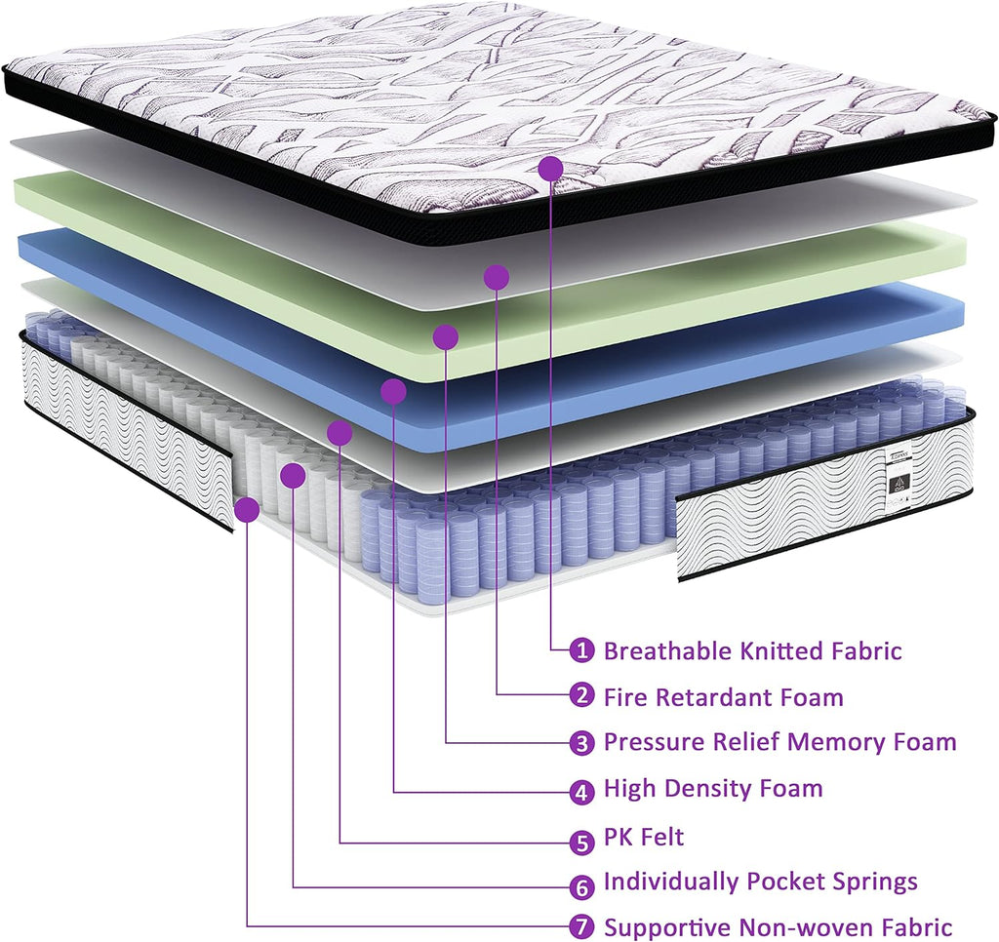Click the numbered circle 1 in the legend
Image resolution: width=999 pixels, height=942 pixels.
(581, 650)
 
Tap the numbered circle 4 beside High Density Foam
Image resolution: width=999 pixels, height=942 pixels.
(581, 793)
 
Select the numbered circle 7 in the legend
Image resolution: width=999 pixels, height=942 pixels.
(581, 926)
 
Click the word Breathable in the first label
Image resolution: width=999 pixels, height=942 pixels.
(668, 650)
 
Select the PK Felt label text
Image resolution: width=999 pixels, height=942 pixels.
(644, 837)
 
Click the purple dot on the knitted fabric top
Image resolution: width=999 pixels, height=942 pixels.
(550, 169)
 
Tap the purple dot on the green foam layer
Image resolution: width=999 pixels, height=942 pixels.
(445, 337)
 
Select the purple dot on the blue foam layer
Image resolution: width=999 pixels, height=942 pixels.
(393, 392)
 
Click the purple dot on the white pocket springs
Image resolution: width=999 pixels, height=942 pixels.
(293, 476)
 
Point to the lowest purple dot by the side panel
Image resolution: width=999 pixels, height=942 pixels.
(247, 510)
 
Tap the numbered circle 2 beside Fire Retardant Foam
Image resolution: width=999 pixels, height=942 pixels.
(581, 695)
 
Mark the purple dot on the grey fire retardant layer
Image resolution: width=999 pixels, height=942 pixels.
(497, 277)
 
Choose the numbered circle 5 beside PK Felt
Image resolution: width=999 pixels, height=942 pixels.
(581, 842)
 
